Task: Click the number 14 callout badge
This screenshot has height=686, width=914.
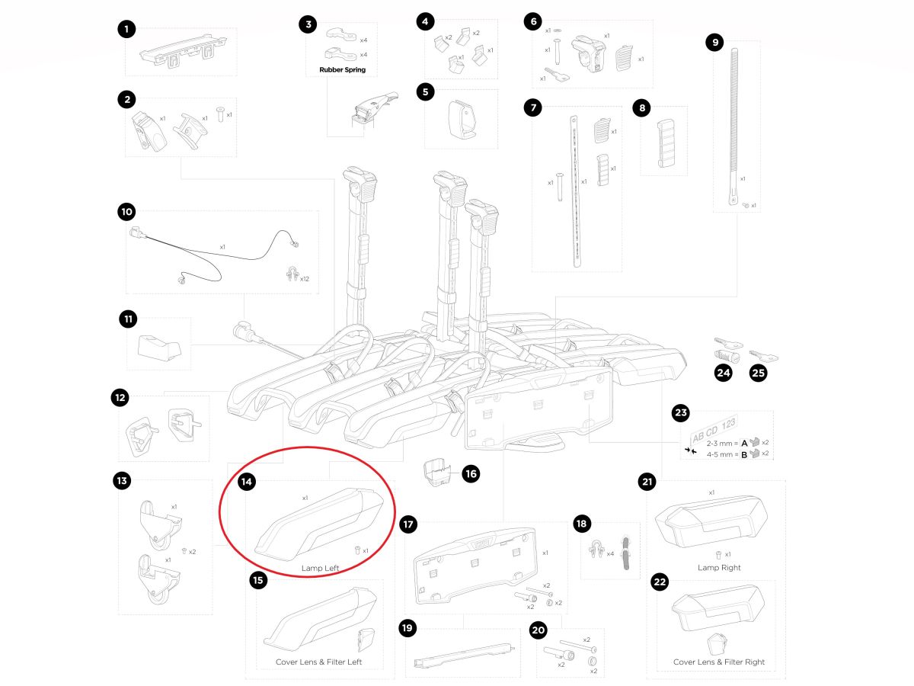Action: click(246, 482)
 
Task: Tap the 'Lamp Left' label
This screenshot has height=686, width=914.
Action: click(320, 568)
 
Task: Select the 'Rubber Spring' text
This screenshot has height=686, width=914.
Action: click(337, 70)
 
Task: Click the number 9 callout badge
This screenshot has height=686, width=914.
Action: click(714, 43)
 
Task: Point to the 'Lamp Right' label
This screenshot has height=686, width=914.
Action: click(719, 568)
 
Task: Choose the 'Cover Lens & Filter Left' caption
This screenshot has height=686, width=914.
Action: click(318, 662)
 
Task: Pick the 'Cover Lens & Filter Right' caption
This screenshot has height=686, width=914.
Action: click(719, 662)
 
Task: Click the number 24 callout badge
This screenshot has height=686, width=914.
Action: click(723, 373)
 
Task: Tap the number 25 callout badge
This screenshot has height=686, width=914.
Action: click(759, 373)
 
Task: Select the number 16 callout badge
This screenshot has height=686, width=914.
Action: click(471, 474)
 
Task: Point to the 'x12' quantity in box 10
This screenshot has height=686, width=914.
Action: click(304, 279)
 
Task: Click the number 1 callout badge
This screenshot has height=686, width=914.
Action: click(126, 30)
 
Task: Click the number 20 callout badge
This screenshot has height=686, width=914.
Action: click(538, 630)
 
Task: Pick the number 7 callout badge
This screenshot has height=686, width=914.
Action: click(533, 107)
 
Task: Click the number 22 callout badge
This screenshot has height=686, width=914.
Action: click(660, 583)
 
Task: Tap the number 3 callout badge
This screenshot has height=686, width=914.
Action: click(308, 24)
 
